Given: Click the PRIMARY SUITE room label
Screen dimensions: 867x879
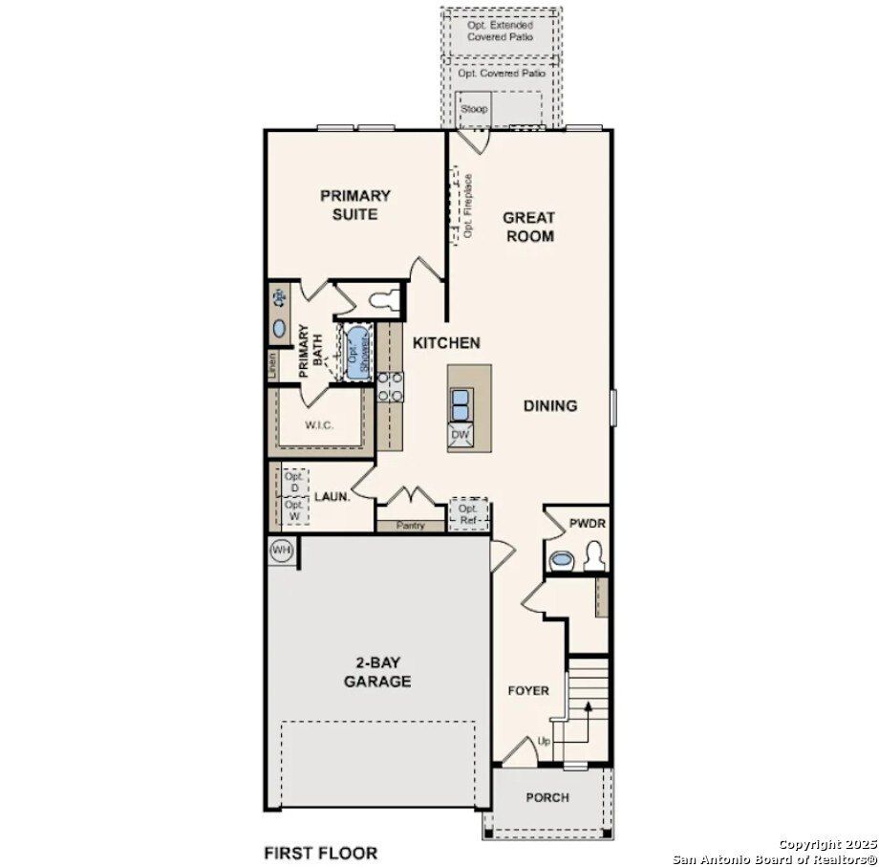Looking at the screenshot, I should tap(354, 205).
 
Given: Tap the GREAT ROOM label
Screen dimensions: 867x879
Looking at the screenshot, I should tap(529, 227).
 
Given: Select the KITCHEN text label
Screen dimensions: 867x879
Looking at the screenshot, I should tap(445, 342).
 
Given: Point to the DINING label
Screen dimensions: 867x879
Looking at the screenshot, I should tap(550, 405).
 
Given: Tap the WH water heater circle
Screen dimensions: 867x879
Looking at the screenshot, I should tap(281, 550).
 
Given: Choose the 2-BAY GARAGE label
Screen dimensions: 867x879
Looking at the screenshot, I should tap(377, 672).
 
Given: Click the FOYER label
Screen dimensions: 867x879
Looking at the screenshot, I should tap(527, 690).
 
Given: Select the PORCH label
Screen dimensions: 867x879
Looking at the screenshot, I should tap(547, 797).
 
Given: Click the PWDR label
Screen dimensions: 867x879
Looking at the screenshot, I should tap(588, 524).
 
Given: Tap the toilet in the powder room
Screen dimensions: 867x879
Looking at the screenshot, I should tap(593, 554).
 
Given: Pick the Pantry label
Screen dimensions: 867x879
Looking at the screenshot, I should tap(410, 526).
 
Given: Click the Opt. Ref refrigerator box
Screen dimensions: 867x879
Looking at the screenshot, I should tap(468, 513).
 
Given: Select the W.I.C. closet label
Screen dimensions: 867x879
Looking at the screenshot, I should tap(319, 425).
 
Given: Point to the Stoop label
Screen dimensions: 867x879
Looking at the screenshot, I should tap(473, 109).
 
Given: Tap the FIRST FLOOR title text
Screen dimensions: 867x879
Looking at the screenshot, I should tap(320, 853).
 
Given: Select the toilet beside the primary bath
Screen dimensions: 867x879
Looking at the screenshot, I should tap(381, 299).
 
